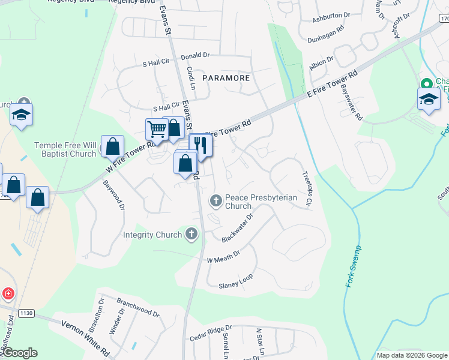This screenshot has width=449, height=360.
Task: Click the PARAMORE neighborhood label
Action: pyautogui.click(x=225, y=78)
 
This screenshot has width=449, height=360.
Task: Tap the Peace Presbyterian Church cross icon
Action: pyautogui.click(x=216, y=199)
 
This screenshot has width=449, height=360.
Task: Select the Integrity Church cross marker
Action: pyautogui.click(x=191, y=234)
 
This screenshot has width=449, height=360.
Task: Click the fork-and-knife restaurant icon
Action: pyautogui.click(x=200, y=145)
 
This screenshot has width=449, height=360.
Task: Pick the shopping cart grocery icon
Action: pyautogui.click(x=157, y=128)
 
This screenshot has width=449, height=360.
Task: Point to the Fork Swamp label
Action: pyautogui.click(x=354, y=266)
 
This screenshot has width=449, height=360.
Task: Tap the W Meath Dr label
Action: pyautogui.click(x=223, y=257)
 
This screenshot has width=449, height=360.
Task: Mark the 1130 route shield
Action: pyautogui.click(x=25, y=313)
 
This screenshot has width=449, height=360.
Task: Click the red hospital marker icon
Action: pyautogui.click(x=8, y=294)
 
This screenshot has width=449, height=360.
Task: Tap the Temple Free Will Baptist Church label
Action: pyautogui.click(x=65, y=149)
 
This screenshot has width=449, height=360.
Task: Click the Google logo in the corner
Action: pyautogui.click(x=19, y=353)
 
